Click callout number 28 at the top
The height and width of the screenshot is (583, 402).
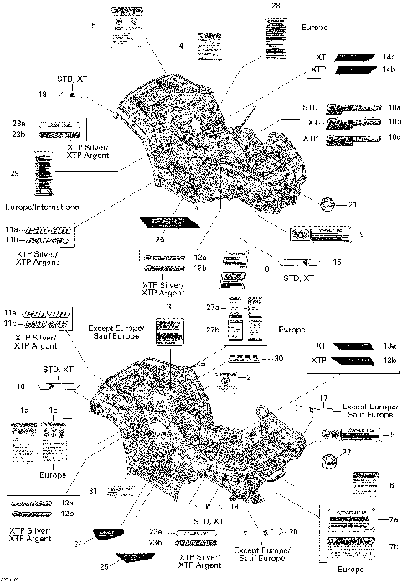(x=276, y=6)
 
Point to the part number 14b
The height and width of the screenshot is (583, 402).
(x=388, y=68)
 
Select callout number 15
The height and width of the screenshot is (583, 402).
(x=336, y=262)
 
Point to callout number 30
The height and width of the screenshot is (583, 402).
(x=279, y=358)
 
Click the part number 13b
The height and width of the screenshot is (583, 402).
(x=389, y=360)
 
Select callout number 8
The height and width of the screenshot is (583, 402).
(x=391, y=485)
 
